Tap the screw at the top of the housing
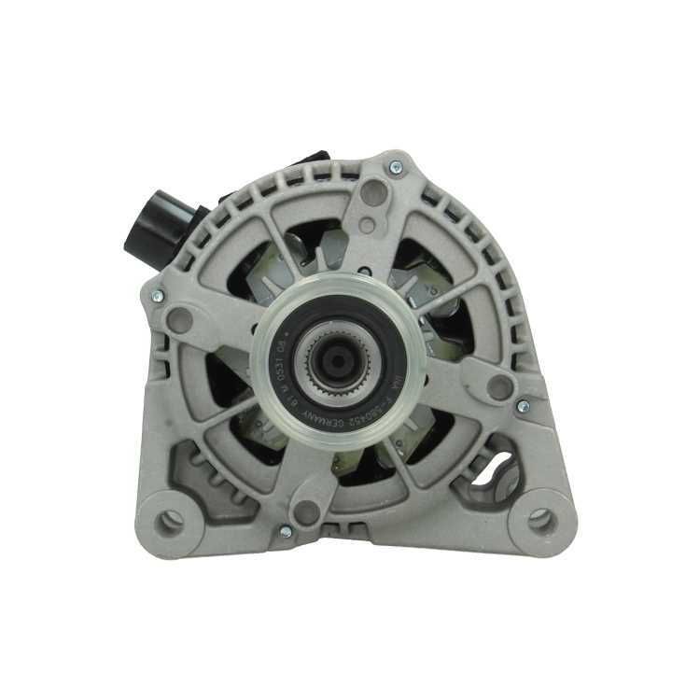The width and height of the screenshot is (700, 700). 396,167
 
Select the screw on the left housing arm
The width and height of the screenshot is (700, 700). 156,295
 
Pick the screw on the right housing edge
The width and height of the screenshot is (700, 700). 523,406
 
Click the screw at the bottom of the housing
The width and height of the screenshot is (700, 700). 286,531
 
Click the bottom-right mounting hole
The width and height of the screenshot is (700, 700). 539,519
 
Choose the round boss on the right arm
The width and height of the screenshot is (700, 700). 500,386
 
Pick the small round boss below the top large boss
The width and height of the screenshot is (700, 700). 367,225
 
